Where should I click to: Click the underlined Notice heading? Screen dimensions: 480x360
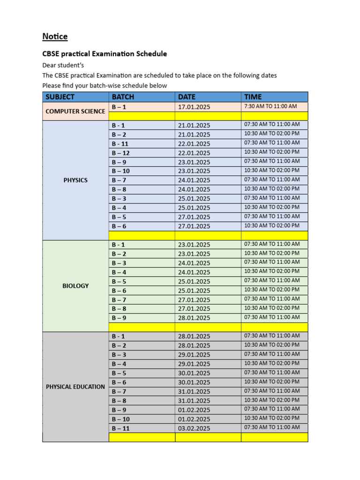tap(55, 37)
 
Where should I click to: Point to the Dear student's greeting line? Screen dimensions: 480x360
tap(63, 65)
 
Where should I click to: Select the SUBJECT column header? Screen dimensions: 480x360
tap(60, 97)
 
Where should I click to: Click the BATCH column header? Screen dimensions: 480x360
tap(123, 97)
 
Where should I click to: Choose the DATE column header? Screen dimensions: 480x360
tap(187, 97)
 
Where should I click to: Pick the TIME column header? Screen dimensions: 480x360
tap(253, 97)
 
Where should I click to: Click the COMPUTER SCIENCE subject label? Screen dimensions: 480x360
tap(75, 112)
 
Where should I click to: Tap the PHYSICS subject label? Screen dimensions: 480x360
tap(75, 180)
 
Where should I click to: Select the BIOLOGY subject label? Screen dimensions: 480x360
tap(75, 286)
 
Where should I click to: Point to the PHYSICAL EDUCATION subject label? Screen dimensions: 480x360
tap(75, 387)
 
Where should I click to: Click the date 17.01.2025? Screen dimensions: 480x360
tap(194, 107)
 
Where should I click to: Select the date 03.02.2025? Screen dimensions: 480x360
tap(194, 428)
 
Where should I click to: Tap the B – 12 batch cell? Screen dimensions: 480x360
tap(121, 153)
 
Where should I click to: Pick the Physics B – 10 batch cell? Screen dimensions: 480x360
tap(121, 171)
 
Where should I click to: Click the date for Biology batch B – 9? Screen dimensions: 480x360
tap(194, 318)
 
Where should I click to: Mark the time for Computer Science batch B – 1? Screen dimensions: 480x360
tap(270, 106)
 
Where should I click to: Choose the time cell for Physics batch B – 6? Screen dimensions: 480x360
tap(271, 226)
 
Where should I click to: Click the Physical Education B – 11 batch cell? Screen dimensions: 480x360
tap(121, 428)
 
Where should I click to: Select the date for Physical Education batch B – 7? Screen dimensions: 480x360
tap(194, 391)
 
